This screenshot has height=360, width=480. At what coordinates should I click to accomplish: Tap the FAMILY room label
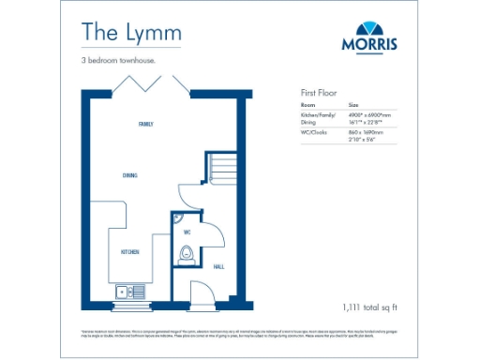(145, 124)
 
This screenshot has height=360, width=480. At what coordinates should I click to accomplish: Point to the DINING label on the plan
(131, 174)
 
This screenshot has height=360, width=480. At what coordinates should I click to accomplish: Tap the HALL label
(219, 265)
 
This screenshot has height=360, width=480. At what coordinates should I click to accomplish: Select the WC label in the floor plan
(186, 232)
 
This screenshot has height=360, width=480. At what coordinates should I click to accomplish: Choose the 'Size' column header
(353, 105)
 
